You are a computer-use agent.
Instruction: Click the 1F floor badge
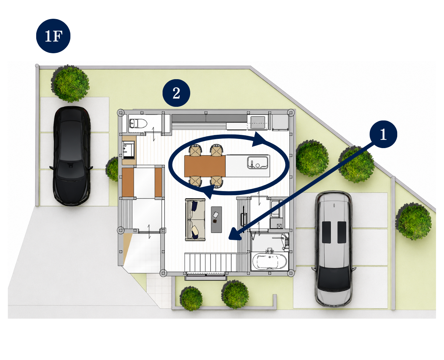point(53,36)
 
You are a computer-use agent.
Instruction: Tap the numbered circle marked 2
point(176,93)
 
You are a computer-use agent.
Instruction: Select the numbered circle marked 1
point(383,134)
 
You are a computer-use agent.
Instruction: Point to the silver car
point(334,249)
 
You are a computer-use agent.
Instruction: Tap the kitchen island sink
point(258,162)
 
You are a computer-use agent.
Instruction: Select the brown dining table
point(205,166)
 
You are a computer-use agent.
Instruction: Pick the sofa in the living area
point(195,219)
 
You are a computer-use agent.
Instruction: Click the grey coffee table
point(217,219)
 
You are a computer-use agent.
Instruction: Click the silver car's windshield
point(334,278)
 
